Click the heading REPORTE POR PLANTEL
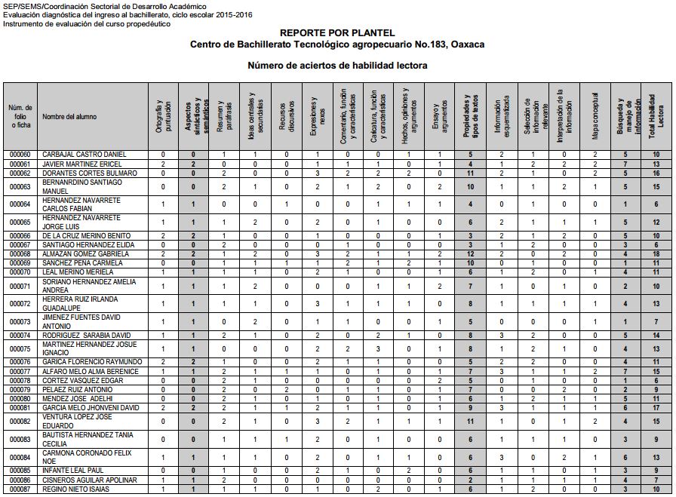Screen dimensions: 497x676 pyautogui.click(x=337, y=33)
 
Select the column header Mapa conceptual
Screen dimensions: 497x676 pyautogui.click(x=595, y=117)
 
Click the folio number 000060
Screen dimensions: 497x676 pyautogui.click(x=20, y=155)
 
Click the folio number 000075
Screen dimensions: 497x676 pyautogui.click(x=20, y=349)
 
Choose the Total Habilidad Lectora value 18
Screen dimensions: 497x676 pyautogui.click(x=656, y=254)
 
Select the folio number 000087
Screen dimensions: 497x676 pyautogui.click(x=20, y=489)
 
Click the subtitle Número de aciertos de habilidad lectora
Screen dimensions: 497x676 pyautogui.click(x=337, y=66)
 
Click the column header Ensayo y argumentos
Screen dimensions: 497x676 pyautogui.click(x=439, y=117)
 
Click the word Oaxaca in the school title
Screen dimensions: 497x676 pyautogui.click(x=468, y=44)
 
